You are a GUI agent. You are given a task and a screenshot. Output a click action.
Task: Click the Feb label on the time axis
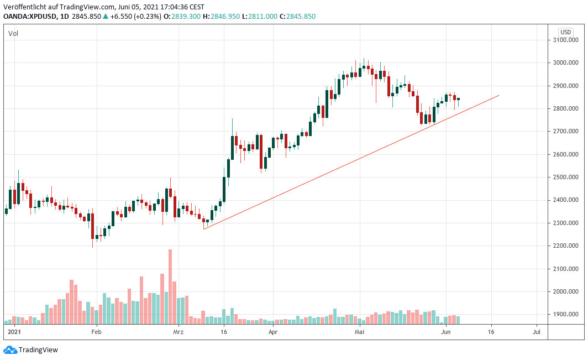click(x=96, y=332)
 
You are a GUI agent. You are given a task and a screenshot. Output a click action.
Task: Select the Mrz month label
click(x=178, y=332)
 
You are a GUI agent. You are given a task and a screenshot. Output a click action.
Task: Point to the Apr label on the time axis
click(x=272, y=332)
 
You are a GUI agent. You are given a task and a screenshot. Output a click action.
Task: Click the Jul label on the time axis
click(x=536, y=332)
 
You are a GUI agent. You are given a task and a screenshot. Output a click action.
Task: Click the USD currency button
click(x=565, y=32)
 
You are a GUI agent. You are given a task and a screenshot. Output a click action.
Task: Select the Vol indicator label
click(x=13, y=34)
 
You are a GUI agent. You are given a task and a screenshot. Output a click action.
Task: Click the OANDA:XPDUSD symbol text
click(x=29, y=17)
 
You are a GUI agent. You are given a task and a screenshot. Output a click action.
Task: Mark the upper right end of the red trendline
click(x=499, y=95)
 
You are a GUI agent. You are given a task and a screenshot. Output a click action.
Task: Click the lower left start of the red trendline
click(x=203, y=229)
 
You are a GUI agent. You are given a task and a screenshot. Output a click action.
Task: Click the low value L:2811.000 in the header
click(x=260, y=17)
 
